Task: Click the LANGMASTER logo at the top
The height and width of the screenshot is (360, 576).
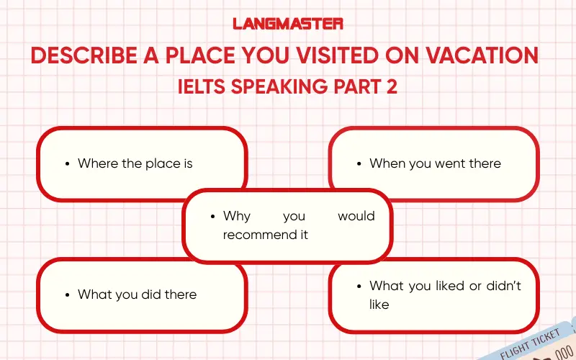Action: (288, 23)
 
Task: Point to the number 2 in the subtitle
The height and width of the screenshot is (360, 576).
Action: (392, 86)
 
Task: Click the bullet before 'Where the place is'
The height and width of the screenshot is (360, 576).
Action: (68, 164)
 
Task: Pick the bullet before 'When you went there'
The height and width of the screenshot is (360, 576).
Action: (359, 164)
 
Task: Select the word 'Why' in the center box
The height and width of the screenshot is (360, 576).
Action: (237, 216)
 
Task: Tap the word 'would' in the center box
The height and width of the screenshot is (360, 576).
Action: (356, 216)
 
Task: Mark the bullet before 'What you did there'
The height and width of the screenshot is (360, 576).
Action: (68, 294)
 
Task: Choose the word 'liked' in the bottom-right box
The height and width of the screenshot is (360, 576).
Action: (448, 286)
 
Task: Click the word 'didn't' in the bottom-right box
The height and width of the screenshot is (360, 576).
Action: (503, 286)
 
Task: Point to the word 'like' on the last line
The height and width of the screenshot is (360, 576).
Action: (379, 305)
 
